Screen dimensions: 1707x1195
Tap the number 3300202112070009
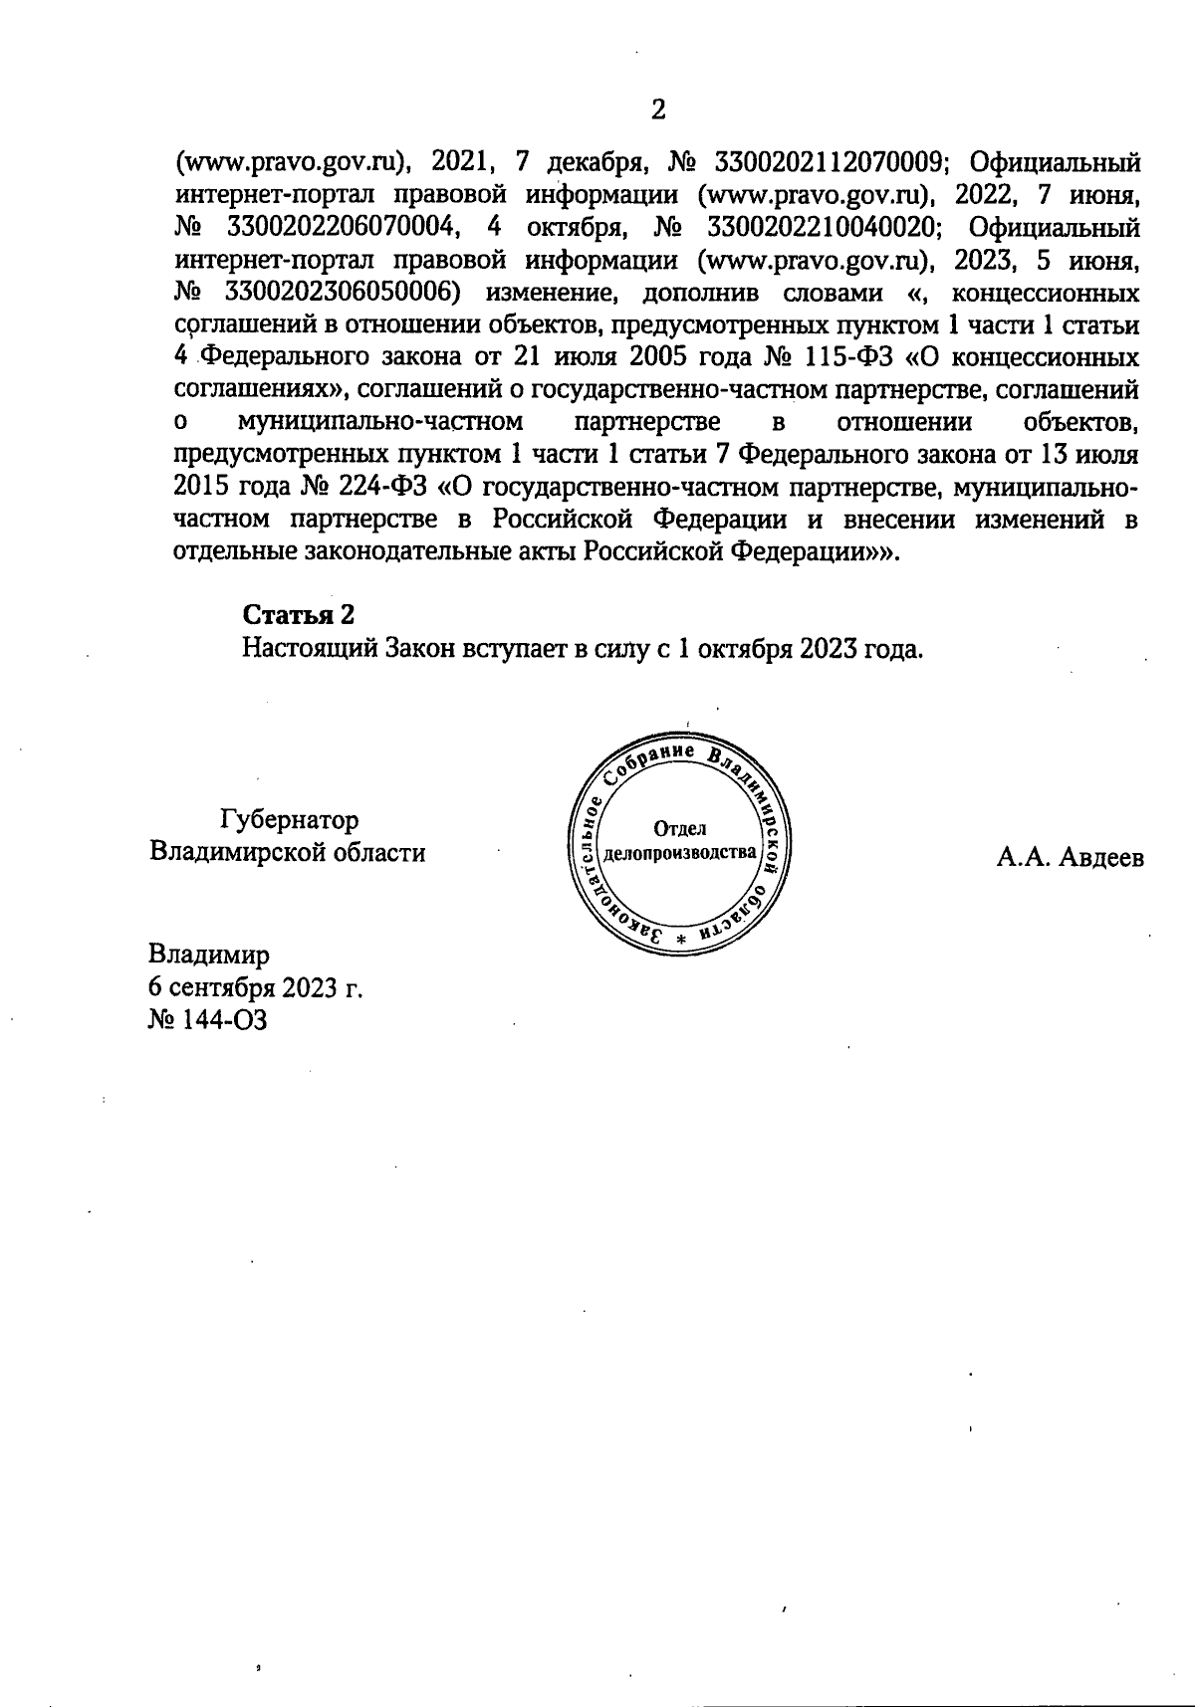tap(826, 162)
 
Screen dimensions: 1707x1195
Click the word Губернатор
tap(289, 821)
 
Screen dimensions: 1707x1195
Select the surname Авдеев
tap(1099, 857)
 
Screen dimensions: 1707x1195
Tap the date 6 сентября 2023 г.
tap(255, 988)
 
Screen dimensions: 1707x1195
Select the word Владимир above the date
tap(208, 956)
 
